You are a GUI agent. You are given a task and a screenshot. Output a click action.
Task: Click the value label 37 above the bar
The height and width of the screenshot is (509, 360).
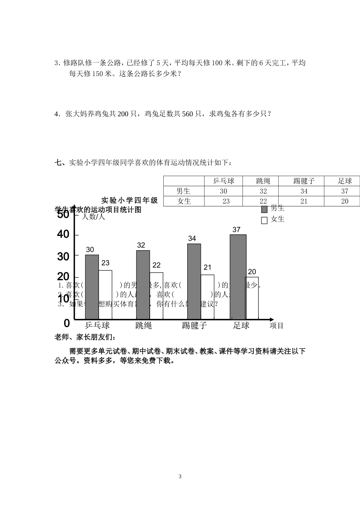pos(236,230)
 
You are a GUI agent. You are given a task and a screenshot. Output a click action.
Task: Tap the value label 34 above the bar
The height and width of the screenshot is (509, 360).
pos(192,239)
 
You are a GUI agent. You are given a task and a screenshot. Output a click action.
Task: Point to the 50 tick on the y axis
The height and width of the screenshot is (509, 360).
pos(63,215)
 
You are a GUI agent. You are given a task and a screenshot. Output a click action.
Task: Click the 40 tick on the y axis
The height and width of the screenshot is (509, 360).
pos(63,235)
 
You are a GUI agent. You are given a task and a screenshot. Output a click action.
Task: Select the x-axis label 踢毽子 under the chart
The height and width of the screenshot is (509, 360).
pos(194,325)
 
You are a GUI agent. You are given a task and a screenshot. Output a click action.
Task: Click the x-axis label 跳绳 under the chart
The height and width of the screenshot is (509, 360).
pos(143,325)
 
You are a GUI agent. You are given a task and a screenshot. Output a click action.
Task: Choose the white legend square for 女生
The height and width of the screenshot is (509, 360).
pos(265,220)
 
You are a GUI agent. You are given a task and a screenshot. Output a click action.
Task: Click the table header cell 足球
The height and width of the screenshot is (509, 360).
pos(345,181)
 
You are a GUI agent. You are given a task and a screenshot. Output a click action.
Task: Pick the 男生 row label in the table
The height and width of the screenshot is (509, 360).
pos(184,191)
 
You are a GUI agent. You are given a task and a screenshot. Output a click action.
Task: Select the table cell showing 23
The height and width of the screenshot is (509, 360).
pos(226,201)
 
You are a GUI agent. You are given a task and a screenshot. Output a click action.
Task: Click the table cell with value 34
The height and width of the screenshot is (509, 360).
pos(304,191)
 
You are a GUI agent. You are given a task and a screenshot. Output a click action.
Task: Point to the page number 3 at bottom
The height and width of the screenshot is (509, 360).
pos(180,476)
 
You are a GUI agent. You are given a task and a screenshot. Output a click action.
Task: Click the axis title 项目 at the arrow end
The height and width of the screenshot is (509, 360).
pos(277,326)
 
